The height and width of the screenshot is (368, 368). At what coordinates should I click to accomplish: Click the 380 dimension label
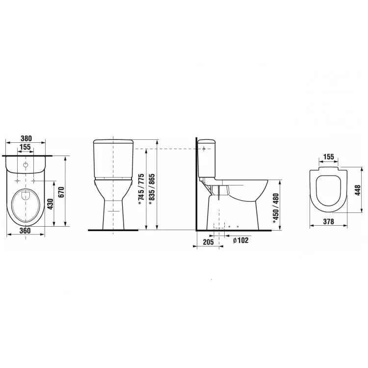[x=26, y=138]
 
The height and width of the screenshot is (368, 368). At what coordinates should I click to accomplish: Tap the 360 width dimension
[x=25, y=231]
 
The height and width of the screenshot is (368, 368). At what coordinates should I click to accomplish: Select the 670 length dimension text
[x=61, y=192]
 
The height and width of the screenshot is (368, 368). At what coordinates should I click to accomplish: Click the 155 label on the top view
[x=25, y=147]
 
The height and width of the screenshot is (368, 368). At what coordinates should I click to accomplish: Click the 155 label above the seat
[x=328, y=157]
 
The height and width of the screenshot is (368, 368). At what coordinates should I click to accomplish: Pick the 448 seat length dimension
[x=357, y=190]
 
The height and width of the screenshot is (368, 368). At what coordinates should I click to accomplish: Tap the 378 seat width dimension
[x=328, y=221]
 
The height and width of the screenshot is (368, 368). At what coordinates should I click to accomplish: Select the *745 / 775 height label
[x=141, y=189]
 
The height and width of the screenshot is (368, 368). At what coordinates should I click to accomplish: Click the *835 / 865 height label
[x=152, y=189]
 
